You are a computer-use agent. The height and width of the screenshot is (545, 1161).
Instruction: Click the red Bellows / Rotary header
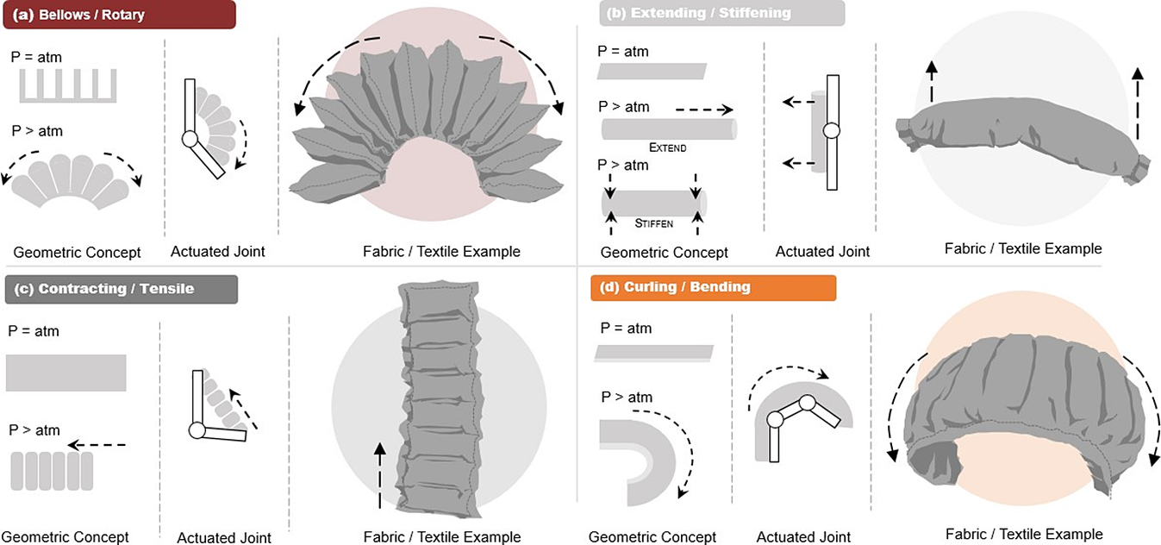pos(118,15)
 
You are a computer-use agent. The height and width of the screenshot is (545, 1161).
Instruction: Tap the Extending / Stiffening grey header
pos(721,13)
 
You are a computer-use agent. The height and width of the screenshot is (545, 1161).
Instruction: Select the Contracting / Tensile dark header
pos(120,289)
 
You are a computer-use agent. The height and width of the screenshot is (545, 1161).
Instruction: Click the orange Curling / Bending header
pos(713,287)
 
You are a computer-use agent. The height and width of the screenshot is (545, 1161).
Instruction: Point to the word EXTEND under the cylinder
pos(668,147)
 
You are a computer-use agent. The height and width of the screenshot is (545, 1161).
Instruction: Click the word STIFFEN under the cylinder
pos(653,222)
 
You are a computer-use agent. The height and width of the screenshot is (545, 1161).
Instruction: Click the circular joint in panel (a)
pos(190,139)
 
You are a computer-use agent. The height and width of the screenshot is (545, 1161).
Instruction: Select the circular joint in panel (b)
pos(831,131)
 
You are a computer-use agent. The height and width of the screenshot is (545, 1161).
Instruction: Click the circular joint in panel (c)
pos(197,429)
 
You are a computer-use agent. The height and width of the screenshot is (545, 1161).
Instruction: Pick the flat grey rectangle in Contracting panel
pos(66,373)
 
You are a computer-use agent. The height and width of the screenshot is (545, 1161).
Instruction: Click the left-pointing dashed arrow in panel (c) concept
pos(97,445)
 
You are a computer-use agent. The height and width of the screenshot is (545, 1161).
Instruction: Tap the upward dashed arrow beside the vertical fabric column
pos(378,473)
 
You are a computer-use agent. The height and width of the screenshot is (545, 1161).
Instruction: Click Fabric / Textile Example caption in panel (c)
pos(442,536)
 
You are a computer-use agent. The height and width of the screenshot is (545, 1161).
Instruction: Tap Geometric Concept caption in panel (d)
pos(652,536)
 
